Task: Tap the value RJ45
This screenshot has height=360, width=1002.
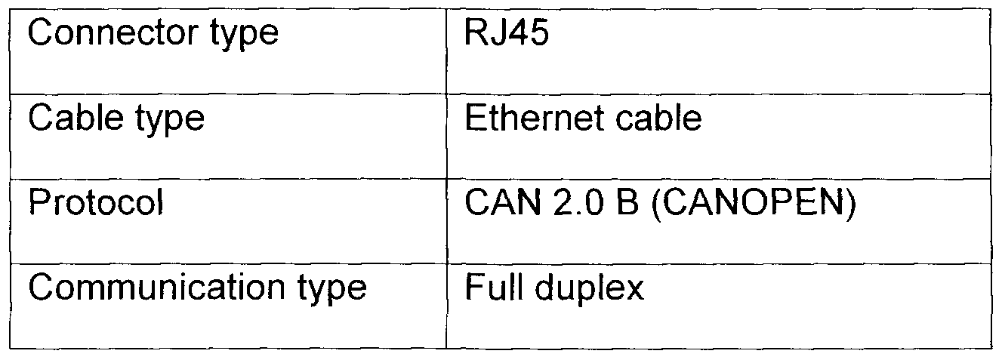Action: tap(507, 32)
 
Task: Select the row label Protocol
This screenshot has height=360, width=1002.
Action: tap(96, 202)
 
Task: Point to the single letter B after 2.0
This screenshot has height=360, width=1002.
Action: tap(627, 202)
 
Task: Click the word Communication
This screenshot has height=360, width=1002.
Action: tap(156, 287)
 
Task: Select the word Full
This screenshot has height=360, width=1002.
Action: tap(494, 287)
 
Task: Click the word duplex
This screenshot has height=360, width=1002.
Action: tap(590, 290)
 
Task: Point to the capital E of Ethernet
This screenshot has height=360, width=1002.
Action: tap(475, 118)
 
